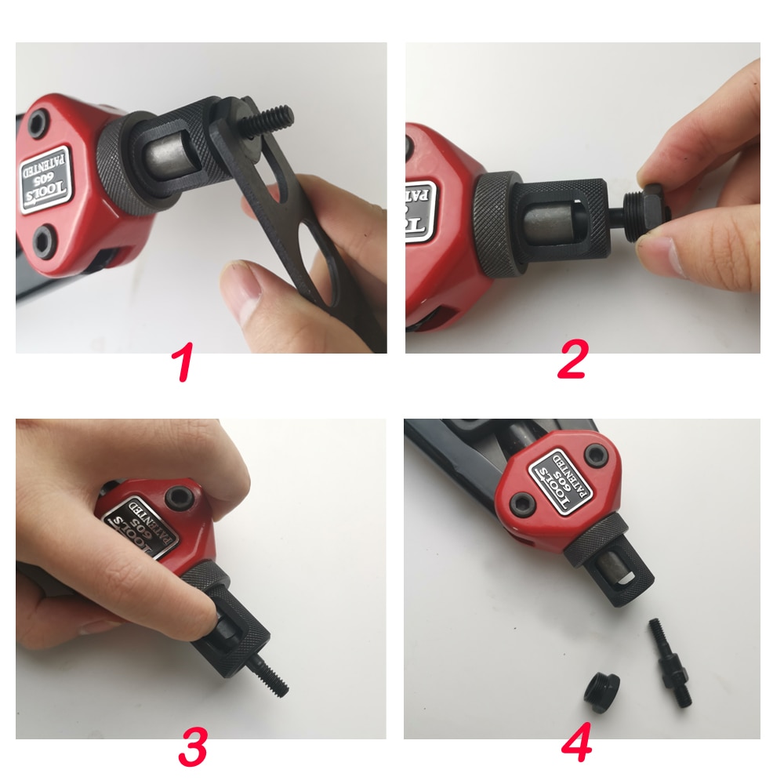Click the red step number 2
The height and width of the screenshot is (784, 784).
coord(573,363)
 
